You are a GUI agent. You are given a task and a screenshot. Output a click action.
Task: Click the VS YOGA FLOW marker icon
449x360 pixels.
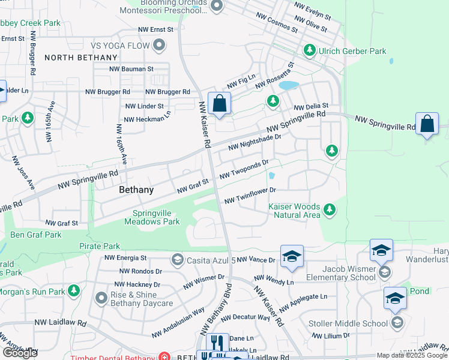click(159, 44)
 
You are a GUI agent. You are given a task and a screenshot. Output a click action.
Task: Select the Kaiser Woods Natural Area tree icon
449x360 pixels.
click(328, 209)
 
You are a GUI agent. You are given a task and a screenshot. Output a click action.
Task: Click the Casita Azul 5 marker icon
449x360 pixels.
click(177, 259)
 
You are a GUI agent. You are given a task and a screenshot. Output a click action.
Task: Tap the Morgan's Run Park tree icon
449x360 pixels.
click(74, 291)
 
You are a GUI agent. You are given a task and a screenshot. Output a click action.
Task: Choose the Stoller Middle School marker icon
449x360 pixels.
click(397, 323)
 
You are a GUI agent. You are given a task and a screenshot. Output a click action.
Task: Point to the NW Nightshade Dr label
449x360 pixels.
click(254, 141)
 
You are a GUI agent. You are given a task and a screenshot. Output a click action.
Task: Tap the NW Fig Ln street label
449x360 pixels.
click(241, 81)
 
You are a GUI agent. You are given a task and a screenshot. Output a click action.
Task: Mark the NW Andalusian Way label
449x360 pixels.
click(178, 322)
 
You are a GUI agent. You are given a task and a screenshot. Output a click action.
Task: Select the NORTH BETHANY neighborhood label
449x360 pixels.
click(80, 58)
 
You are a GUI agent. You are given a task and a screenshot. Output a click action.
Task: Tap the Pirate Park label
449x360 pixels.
click(99, 246)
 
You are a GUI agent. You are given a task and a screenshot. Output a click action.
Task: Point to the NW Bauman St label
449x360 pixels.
click(131, 69)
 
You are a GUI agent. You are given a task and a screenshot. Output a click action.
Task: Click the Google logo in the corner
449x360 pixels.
click(20, 353)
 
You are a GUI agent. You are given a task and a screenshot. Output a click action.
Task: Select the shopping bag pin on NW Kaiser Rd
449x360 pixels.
click(220, 103)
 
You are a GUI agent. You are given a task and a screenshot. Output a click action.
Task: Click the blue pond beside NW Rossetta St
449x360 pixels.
click(288, 85)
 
